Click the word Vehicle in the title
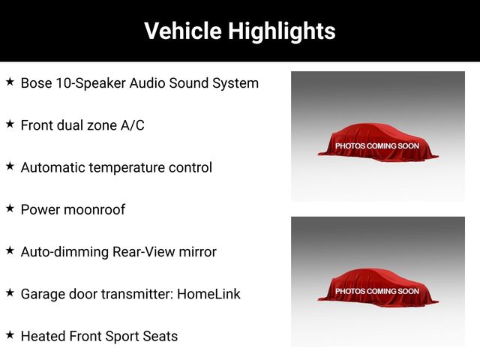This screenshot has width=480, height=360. (x=183, y=31)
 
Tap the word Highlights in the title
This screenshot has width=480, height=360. (x=282, y=31)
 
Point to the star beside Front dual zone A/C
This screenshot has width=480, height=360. (x=10, y=124)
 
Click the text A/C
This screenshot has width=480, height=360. (x=132, y=125)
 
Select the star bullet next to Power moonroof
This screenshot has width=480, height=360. (x=10, y=208)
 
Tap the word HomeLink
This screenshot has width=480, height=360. (x=208, y=294)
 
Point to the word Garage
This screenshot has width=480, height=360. (x=43, y=295)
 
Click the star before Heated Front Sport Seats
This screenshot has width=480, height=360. (x=10, y=335)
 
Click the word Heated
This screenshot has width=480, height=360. (x=43, y=336)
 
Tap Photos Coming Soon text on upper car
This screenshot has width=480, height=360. (x=377, y=146)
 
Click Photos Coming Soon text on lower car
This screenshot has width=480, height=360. (x=377, y=291)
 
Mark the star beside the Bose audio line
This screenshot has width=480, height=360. (x=10, y=82)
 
